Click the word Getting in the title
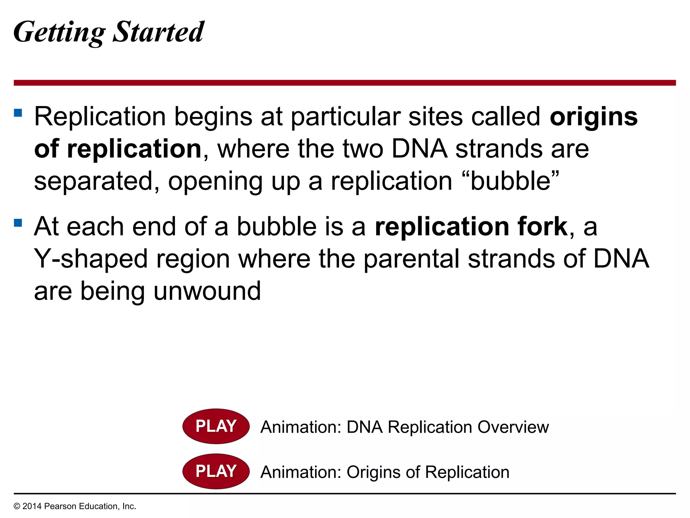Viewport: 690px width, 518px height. coord(59,32)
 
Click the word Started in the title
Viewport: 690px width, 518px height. coord(158,32)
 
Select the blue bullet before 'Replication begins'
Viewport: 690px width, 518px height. coord(18,112)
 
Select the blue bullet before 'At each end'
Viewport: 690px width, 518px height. coord(18,223)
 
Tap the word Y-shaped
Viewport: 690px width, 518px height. coord(91,259)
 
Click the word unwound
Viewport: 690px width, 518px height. coord(207,291)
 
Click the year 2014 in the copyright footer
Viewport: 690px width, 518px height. coord(32,506)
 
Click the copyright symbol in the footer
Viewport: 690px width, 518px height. coord(17,507)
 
